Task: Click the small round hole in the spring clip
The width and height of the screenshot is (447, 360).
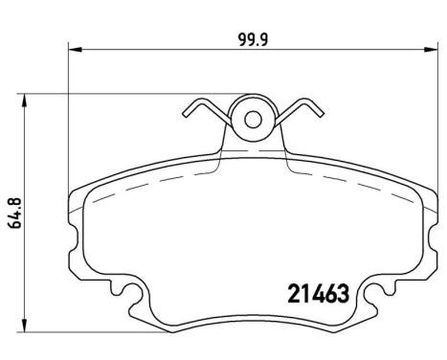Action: point(254,120)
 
